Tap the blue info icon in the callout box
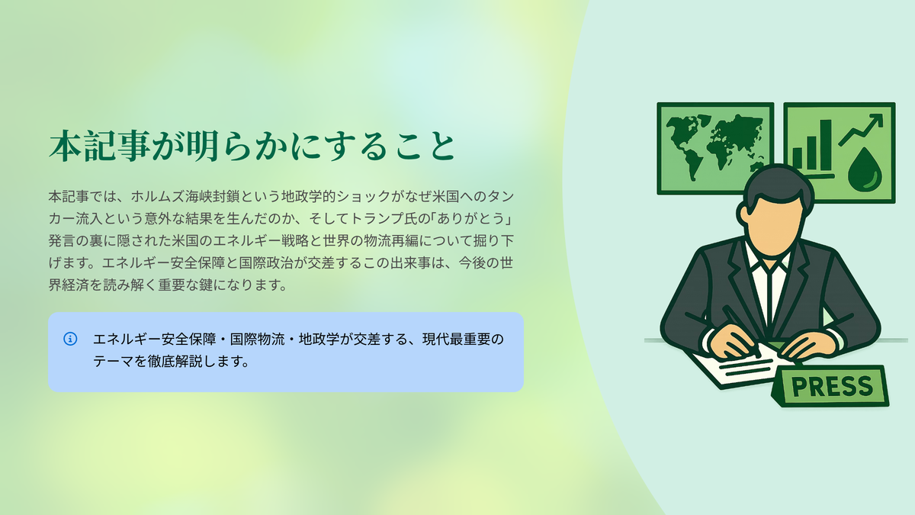70,339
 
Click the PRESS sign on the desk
830,386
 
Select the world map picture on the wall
715,148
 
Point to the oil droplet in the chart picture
865,169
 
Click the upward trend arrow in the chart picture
860,130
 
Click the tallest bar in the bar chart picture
826,144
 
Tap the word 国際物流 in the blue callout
257,340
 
